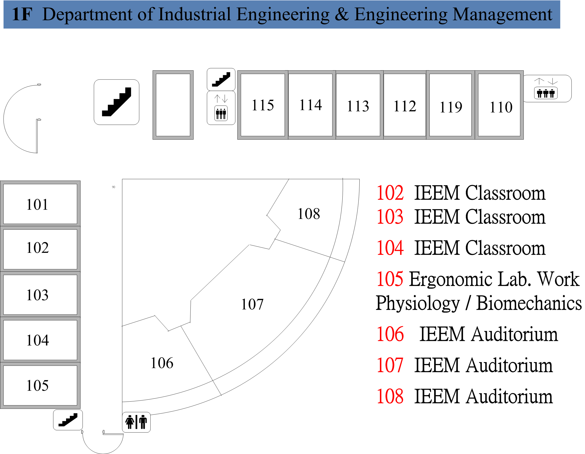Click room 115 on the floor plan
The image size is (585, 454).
tap(262, 105)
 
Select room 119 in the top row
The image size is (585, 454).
tap(451, 105)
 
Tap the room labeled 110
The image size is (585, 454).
tap(499, 105)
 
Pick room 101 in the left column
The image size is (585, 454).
tap(40, 204)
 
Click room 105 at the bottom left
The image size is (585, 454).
tap(40, 385)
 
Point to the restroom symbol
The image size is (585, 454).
tap(136, 422)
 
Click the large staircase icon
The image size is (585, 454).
tap(117, 102)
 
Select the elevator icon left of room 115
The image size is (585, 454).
tap(221, 108)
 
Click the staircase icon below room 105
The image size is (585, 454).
tap(68, 420)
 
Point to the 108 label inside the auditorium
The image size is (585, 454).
tap(309, 214)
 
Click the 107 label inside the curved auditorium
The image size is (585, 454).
tap(252, 304)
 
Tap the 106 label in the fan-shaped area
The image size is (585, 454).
tap(162, 363)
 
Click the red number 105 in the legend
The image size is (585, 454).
tap(390, 279)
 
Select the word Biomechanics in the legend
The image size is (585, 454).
tap(529, 303)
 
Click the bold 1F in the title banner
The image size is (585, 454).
tap(22, 14)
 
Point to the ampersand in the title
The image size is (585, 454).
tap(342, 14)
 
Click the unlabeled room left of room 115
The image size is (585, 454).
tap(173, 105)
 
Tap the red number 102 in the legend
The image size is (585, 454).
tap(390, 193)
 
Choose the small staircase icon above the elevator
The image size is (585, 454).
tap(221, 79)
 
